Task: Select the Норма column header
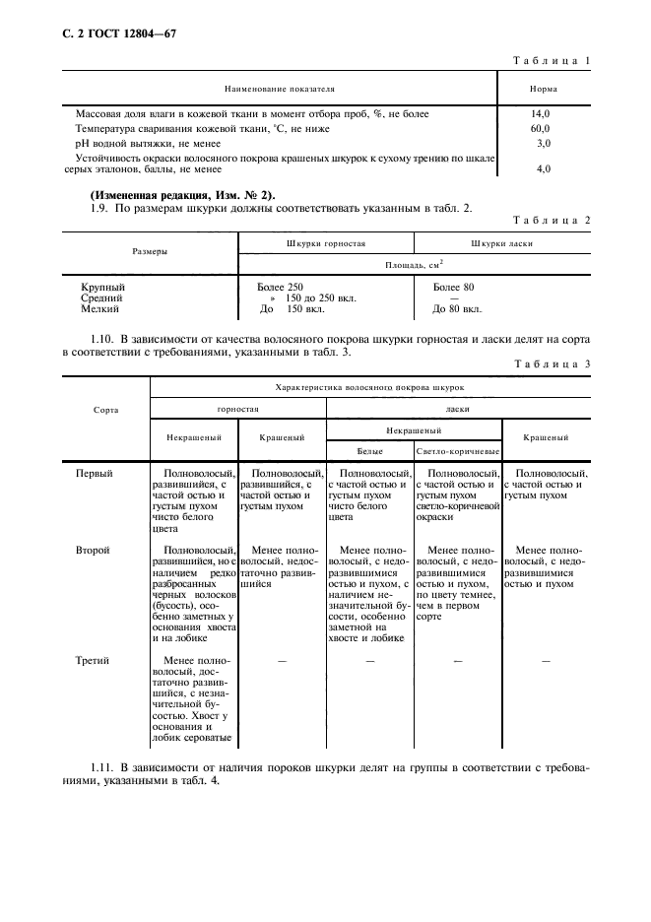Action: (x=544, y=90)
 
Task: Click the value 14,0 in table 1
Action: (x=541, y=113)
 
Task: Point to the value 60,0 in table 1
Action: (x=541, y=128)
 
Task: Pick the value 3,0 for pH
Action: (x=543, y=143)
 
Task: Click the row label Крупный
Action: (x=102, y=287)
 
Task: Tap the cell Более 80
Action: (x=454, y=287)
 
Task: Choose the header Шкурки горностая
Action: (x=325, y=243)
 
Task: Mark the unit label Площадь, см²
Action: (x=414, y=265)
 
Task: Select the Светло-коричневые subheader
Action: (x=458, y=451)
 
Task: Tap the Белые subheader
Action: (x=370, y=451)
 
